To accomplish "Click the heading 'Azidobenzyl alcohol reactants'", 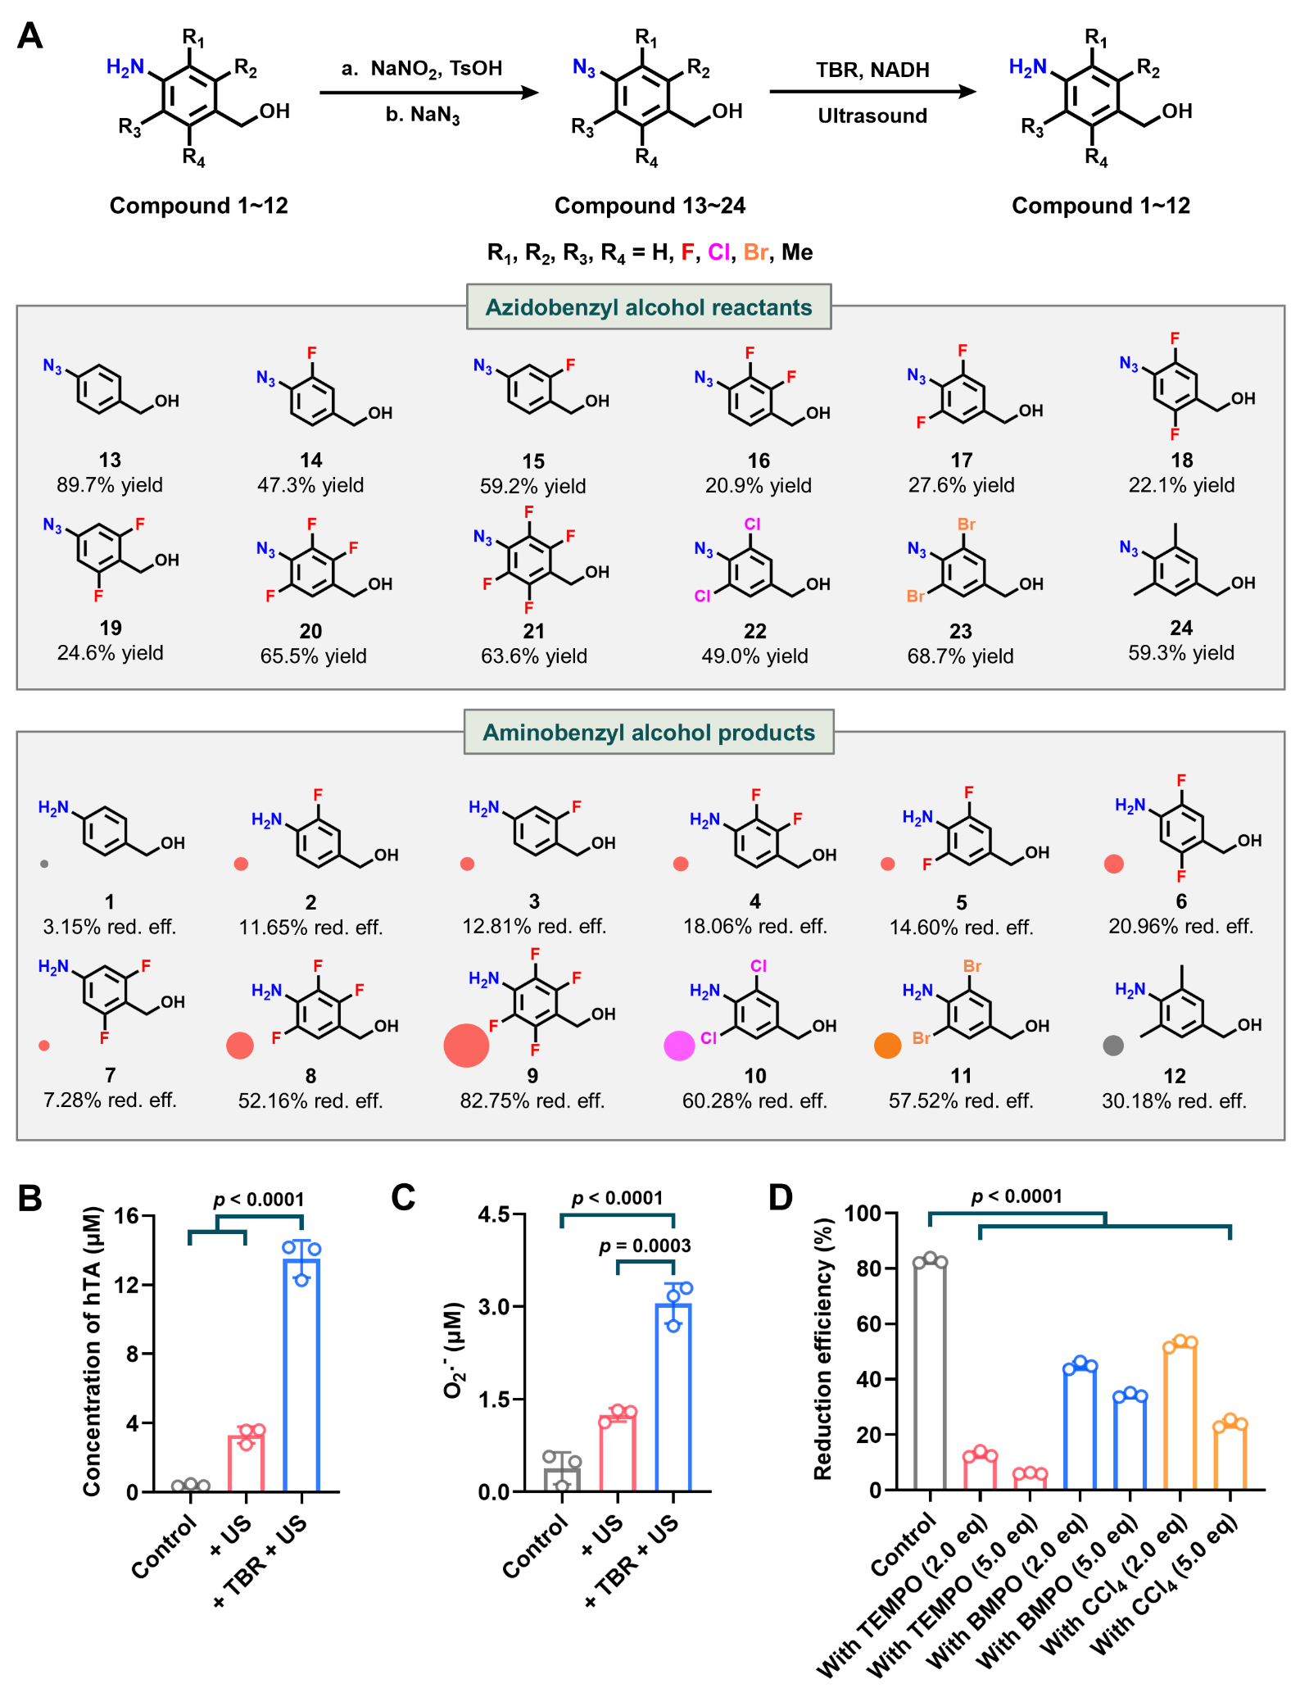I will click(648, 307).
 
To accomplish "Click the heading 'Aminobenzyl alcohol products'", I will click(649, 733).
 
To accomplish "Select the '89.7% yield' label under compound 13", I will click(110, 485).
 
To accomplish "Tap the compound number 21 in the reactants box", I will click(533, 631).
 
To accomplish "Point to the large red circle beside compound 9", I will click(466, 1046).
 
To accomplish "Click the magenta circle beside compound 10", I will click(679, 1046).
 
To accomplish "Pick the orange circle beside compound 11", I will click(888, 1046).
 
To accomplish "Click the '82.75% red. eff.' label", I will click(532, 1100).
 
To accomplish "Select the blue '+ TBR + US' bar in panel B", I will click(301, 1377).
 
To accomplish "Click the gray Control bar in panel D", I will click(930, 1377).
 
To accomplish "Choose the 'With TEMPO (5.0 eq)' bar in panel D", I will click(1030, 1480).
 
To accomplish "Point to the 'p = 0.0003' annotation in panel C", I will click(645, 1246).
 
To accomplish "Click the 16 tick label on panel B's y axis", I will click(126, 1216).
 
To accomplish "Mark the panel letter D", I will click(781, 1197).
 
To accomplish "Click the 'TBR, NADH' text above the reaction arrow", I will click(872, 70).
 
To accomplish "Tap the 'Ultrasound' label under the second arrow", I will click(872, 116).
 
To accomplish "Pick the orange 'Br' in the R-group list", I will click(755, 252).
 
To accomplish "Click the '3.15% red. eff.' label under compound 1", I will click(110, 927).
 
